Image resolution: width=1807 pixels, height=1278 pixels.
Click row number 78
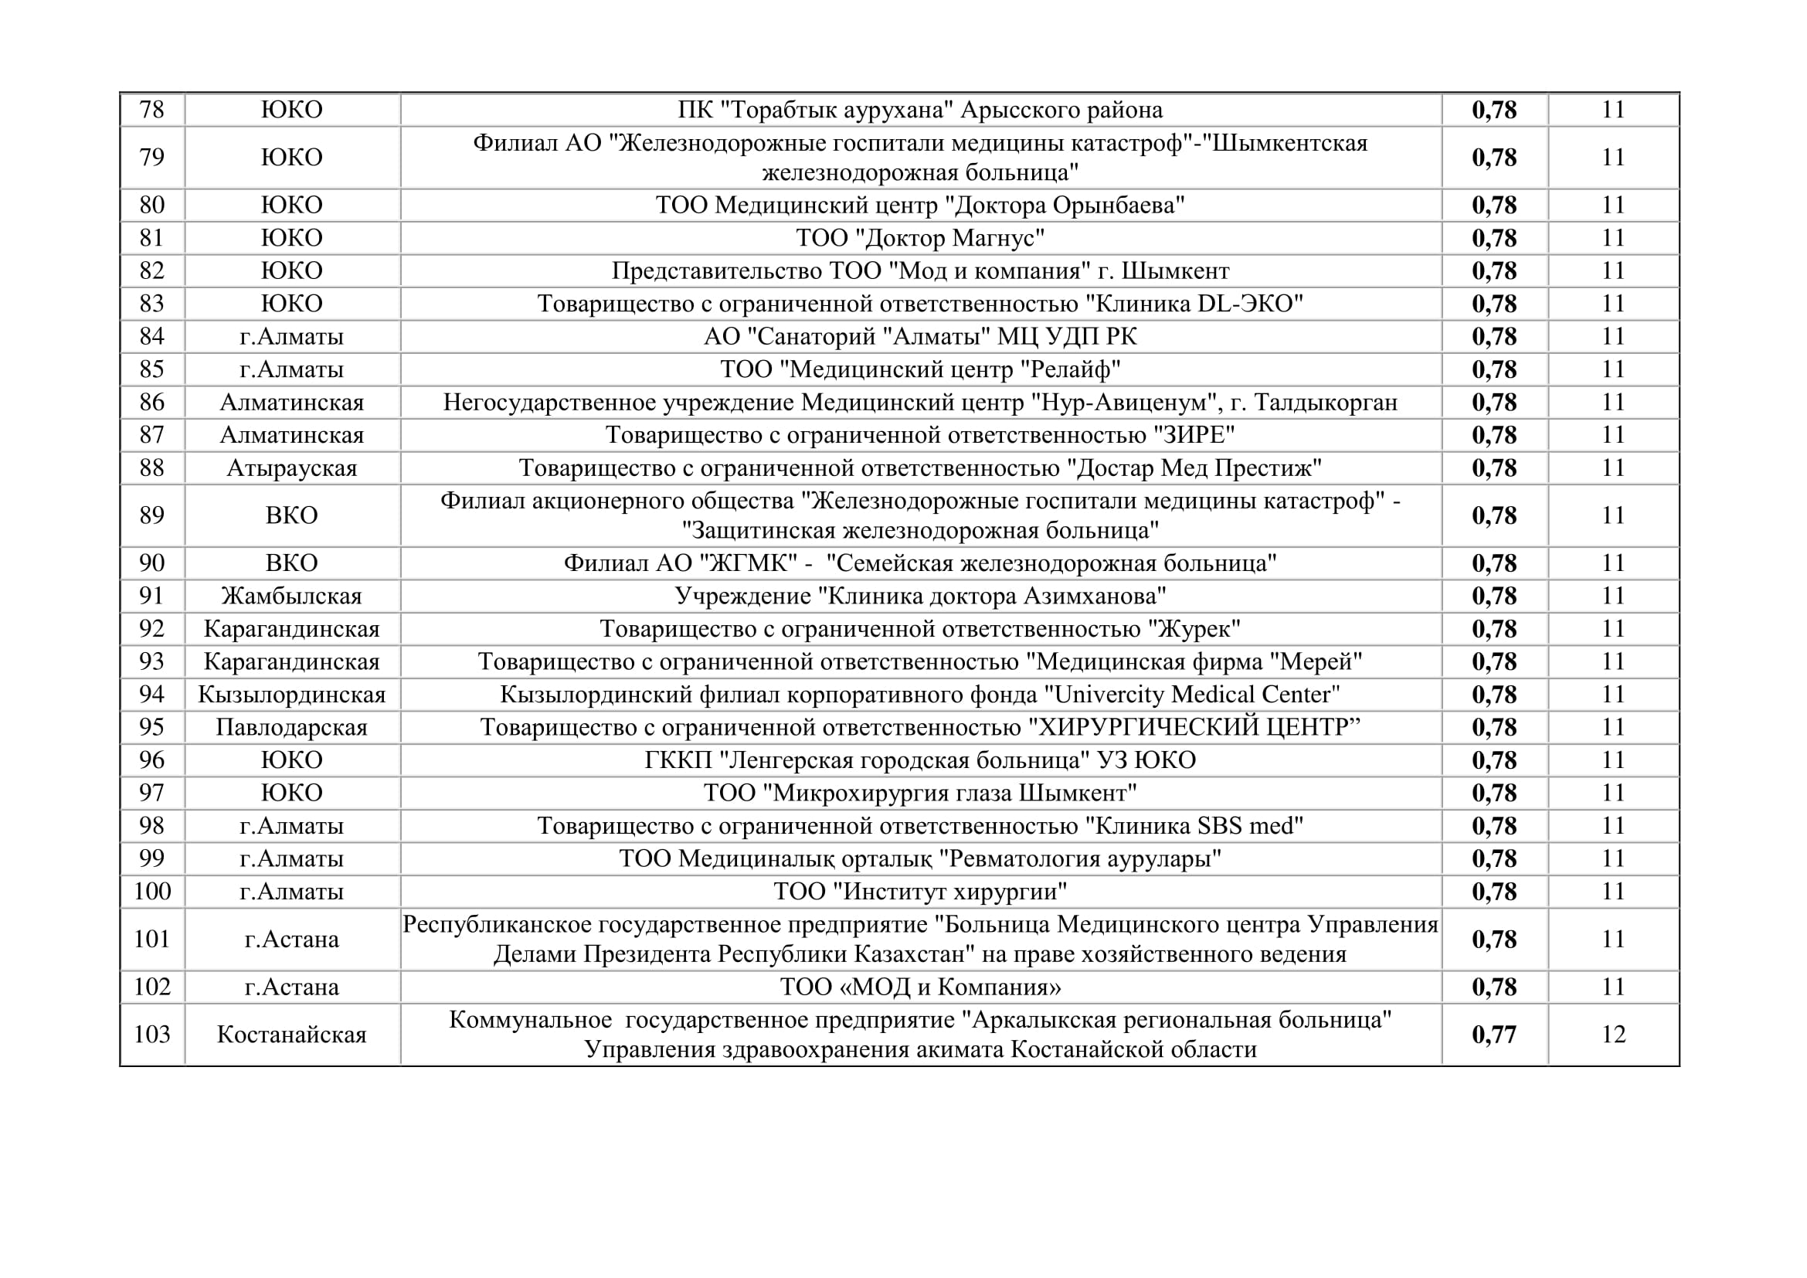(x=152, y=110)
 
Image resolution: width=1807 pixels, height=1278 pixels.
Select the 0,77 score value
(x=1494, y=1034)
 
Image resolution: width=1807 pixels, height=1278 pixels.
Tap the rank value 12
(x=1613, y=1034)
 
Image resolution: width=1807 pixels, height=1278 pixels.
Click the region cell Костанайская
(x=292, y=1034)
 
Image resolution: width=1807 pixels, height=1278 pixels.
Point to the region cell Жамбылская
(x=292, y=596)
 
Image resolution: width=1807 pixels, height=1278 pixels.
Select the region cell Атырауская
(x=292, y=468)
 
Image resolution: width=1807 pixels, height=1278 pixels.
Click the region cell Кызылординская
(x=292, y=695)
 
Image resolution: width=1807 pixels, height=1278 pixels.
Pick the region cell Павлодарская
(x=292, y=727)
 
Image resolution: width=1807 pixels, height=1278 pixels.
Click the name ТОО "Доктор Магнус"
(x=920, y=238)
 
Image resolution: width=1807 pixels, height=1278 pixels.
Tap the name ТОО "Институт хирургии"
(x=920, y=892)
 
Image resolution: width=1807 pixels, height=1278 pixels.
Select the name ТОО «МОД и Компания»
(x=920, y=987)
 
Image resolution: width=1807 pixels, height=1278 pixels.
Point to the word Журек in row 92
(x=1193, y=629)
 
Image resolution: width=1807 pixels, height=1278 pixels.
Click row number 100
(x=152, y=892)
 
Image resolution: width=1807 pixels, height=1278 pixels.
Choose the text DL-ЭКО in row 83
(x=1245, y=304)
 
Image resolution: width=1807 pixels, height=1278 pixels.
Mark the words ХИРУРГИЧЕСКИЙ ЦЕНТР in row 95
(x=1194, y=727)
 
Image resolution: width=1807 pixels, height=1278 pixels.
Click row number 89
(x=152, y=515)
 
